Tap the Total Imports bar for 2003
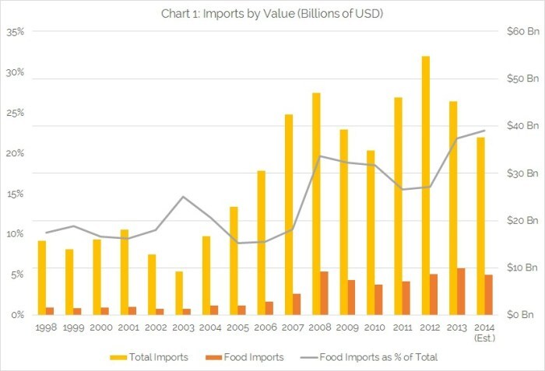178,292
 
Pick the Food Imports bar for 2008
324,292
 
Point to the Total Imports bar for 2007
289,214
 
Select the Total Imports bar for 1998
41,277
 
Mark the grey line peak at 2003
183,197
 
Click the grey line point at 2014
485,131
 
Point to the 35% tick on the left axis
16,32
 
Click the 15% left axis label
16,194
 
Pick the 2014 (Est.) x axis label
484,332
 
